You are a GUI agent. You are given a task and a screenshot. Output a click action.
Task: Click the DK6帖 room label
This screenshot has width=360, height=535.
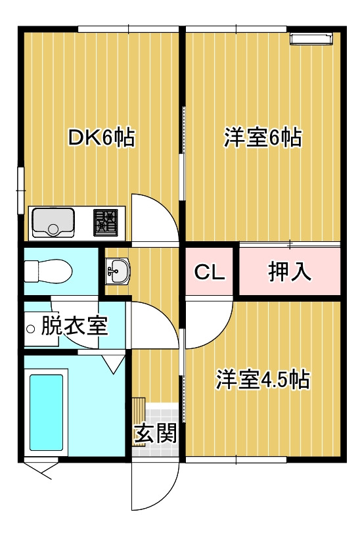(x=101, y=137)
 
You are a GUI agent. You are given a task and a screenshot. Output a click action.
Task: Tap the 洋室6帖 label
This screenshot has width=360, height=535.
(x=263, y=137)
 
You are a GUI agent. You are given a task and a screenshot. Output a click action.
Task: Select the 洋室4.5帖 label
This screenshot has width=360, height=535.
(x=263, y=379)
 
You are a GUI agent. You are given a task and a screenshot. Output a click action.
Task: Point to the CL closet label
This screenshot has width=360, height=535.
(x=210, y=272)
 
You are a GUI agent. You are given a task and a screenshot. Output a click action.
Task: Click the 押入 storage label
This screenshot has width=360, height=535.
(x=290, y=271)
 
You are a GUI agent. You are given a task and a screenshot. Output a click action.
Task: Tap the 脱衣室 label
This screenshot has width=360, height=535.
(x=74, y=326)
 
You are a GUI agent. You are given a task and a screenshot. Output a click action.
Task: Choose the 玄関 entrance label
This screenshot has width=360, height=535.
(x=156, y=433)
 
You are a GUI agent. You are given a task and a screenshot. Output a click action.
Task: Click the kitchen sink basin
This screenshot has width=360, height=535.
(x=53, y=222)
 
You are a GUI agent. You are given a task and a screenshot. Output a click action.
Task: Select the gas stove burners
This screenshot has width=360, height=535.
(x=105, y=222)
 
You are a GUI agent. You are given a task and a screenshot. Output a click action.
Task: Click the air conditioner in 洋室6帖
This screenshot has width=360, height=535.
(x=311, y=38)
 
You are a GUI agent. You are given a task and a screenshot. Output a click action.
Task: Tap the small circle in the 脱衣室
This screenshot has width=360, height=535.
(x=31, y=329)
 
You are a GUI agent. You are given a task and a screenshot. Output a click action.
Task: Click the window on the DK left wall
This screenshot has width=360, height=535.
(x=21, y=190)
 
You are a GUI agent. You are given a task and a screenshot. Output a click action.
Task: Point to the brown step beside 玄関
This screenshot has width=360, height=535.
(x=139, y=421)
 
